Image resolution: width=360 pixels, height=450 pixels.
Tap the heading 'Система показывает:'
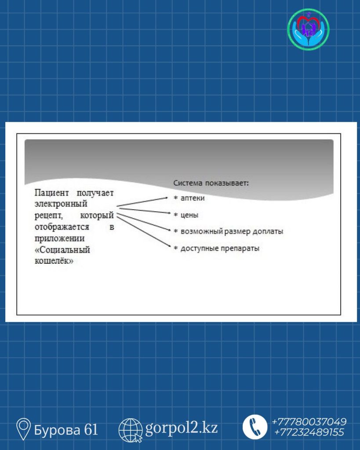pyautogui.click(x=211, y=183)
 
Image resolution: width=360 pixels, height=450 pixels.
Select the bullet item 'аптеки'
pyautogui.click(x=189, y=198)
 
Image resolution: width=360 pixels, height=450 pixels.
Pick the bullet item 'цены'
pyautogui.click(x=186, y=215)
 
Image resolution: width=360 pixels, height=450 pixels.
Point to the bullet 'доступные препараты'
pyautogui.click(x=216, y=248)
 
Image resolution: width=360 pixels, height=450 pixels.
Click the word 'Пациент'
pyautogui.click(x=52, y=192)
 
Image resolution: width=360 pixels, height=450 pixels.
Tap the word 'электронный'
pyautogui.click(x=61, y=204)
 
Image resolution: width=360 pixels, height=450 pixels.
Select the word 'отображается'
pyautogui.click(x=62, y=227)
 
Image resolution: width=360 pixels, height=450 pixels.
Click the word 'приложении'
pyautogui.click(x=60, y=238)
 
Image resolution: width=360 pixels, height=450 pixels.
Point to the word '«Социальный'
pyautogui.click(x=62, y=250)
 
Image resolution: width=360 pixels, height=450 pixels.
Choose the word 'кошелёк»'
pyautogui.click(x=54, y=261)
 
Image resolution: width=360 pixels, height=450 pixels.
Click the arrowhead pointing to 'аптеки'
pyautogui.click(x=166, y=197)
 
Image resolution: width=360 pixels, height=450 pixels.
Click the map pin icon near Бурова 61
pyautogui.click(x=23, y=429)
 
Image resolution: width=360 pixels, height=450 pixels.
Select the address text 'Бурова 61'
pyautogui.click(x=66, y=430)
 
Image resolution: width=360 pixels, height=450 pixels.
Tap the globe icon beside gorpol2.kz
pyautogui.click(x=131, y=430)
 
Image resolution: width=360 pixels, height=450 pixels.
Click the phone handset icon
pyautogui.click(x=255, y=427)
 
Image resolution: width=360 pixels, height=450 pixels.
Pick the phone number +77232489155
pyautogui.click(x=309, y=432)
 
